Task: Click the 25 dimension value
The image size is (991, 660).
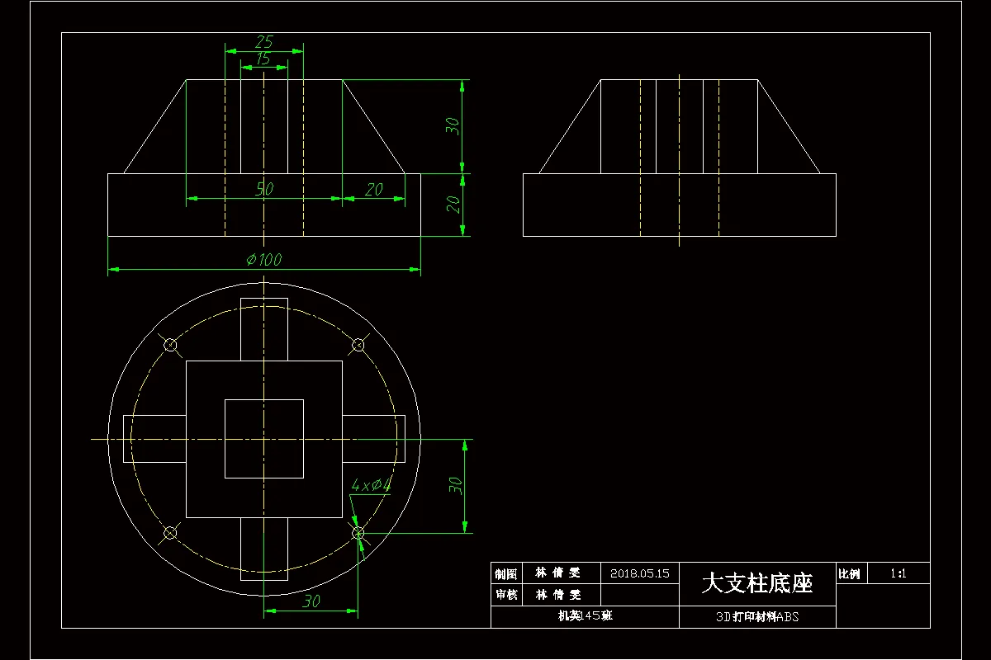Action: [264, 41]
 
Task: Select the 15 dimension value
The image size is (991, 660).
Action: [263, 59]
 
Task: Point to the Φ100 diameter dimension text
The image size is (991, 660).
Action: [264, 259]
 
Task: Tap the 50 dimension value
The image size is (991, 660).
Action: [264, 189]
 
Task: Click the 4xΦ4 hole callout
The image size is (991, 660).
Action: [371, 485]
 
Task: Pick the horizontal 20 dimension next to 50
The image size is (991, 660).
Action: [373, 189]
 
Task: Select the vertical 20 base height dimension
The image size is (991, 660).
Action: [453, 204]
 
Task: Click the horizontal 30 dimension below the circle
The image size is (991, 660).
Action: [311, 601]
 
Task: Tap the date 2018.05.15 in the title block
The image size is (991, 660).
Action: [639, 573]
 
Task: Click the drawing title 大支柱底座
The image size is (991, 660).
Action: [757, 583]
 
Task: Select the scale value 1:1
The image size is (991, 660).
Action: [899, 573]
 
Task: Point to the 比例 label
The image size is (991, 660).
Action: [849, 573]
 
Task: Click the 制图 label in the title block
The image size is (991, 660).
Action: [506, 573]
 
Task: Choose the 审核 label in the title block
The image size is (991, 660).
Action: [506, 594]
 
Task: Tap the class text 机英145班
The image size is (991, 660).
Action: [585, 616]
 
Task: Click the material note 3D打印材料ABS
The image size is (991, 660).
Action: [757, 616]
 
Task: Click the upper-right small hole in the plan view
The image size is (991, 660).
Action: [358, 345]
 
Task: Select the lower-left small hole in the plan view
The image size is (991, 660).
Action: [170, 532]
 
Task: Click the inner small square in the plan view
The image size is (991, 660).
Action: [264, 439]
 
